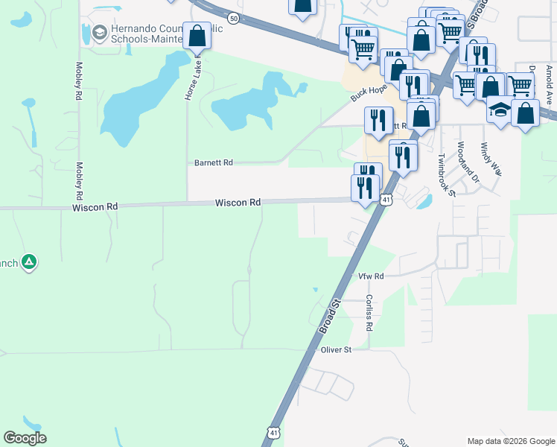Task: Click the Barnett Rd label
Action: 213,162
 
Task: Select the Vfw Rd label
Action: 370,276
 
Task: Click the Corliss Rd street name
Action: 369,313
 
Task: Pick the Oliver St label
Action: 336,349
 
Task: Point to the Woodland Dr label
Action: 466,162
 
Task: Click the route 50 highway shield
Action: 234,19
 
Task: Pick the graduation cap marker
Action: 499,109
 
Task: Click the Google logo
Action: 25,438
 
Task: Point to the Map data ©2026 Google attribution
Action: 510,441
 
